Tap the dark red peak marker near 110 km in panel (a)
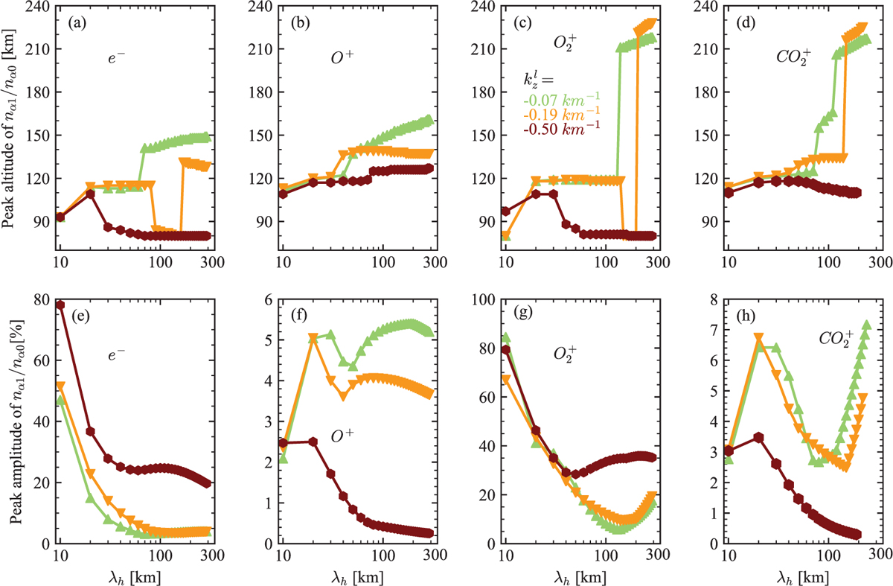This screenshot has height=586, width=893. [x=90, y=194]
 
